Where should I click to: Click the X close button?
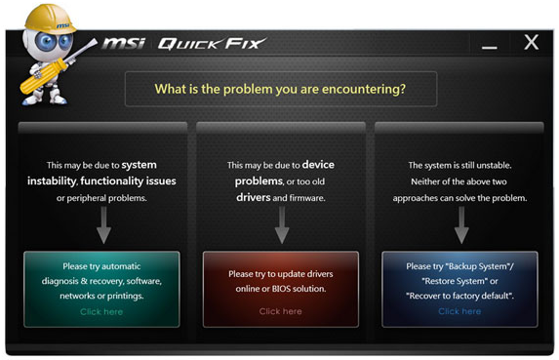531,43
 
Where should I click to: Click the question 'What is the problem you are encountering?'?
280,89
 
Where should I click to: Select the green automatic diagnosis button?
101,287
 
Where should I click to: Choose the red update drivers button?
280,287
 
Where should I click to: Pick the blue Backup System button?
459,287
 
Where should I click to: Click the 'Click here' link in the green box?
101,311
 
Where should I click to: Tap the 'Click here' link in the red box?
280,311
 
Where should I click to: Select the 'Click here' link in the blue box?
459,311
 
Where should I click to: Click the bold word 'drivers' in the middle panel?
254,197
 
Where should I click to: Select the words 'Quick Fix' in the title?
209,43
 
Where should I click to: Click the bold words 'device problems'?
279,173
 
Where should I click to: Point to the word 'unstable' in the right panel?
491,166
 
